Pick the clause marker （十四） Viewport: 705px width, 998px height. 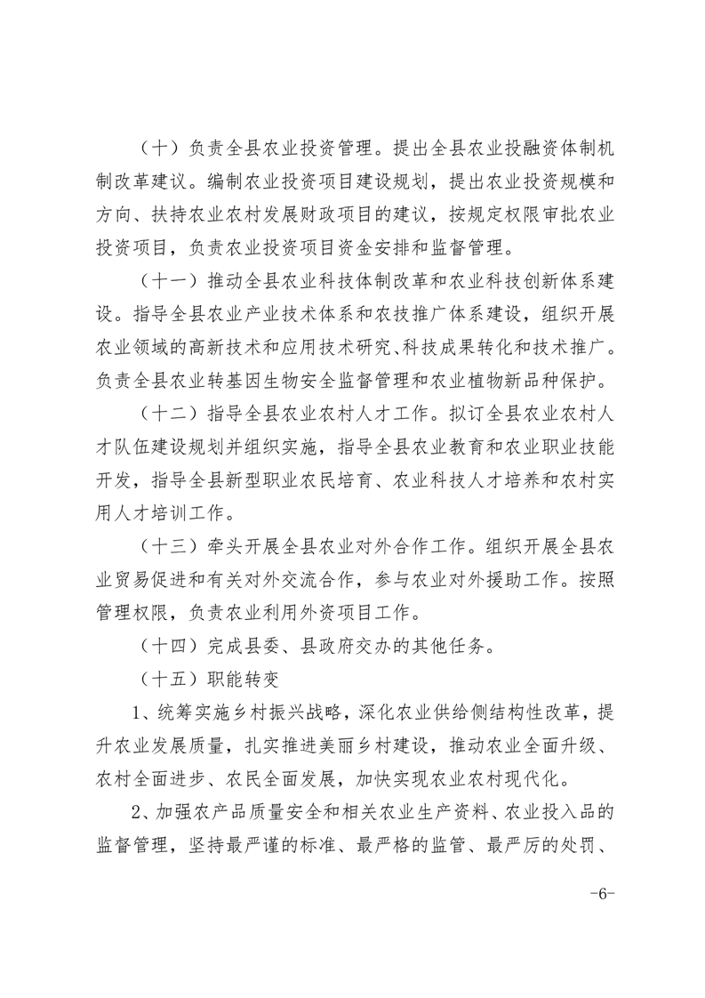pyautogui.click(x=170, y=648)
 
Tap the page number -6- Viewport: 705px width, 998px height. pyautogui.click(x=602, y=890)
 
